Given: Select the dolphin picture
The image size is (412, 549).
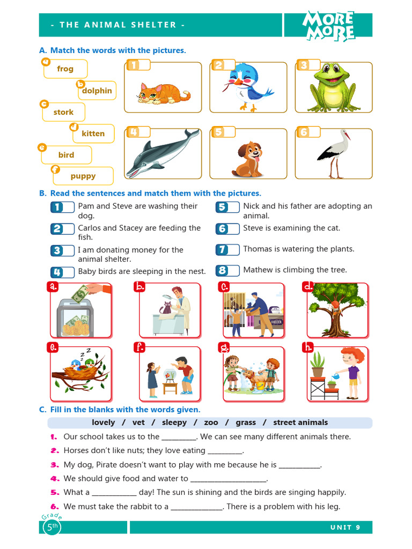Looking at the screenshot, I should click(161, 154).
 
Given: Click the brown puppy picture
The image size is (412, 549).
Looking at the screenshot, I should click(248, 159).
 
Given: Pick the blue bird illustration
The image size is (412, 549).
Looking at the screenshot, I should click(247, 86).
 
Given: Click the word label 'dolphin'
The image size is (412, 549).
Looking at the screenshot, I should click(97, 91).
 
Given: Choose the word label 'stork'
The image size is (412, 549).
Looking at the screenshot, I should click(63, 112).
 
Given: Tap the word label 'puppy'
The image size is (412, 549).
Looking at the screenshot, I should click(83, 176).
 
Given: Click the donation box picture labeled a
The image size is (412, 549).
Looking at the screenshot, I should click(80, 311).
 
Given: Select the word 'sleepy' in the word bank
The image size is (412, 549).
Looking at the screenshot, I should click(174, 422).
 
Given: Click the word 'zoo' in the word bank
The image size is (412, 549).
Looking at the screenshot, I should click(211, 422).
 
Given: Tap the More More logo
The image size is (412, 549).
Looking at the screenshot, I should click(328, 26).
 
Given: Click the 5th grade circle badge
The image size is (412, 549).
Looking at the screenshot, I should click(51, 527).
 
